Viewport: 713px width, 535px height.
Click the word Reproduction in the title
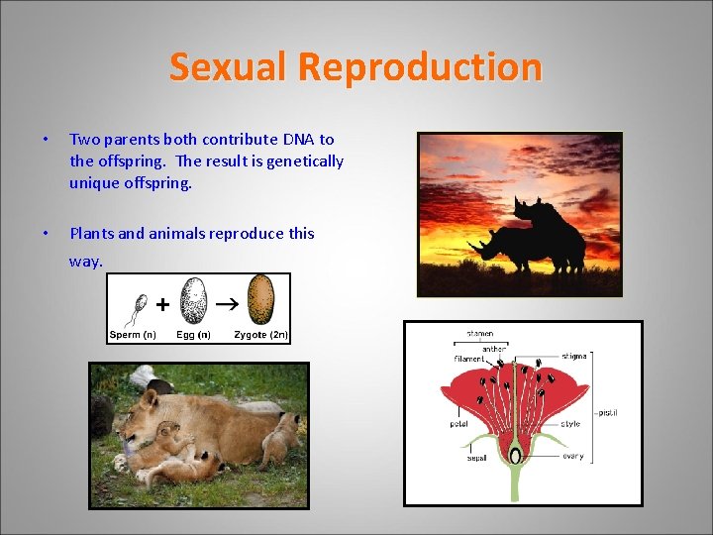420,67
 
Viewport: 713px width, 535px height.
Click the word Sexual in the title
229,67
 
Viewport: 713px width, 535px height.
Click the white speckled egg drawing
194,301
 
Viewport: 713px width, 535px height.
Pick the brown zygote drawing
260,300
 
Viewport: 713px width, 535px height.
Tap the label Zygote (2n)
260,335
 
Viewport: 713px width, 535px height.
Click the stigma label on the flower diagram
571,355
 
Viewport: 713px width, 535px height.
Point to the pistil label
607,412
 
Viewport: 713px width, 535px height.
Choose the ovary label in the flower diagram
572,457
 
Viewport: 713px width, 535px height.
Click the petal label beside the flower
458,424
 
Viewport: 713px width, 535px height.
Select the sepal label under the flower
477,459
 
